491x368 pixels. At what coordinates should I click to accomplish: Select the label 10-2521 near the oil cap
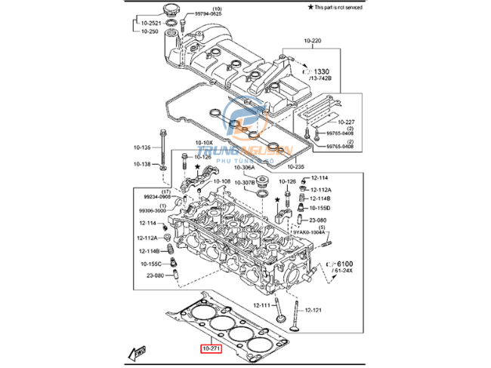(x=152, y=23)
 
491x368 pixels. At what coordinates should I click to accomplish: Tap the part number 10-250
(x=150, y=32)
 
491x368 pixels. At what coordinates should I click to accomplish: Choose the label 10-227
(x=346, y=121)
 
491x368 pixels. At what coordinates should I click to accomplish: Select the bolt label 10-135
(x=141, y=148)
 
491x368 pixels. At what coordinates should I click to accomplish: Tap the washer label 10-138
(x=141, y=164)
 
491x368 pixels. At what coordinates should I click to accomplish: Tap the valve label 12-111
(x=261, y=305)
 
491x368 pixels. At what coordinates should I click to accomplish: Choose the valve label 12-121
(x=313, y=310)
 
